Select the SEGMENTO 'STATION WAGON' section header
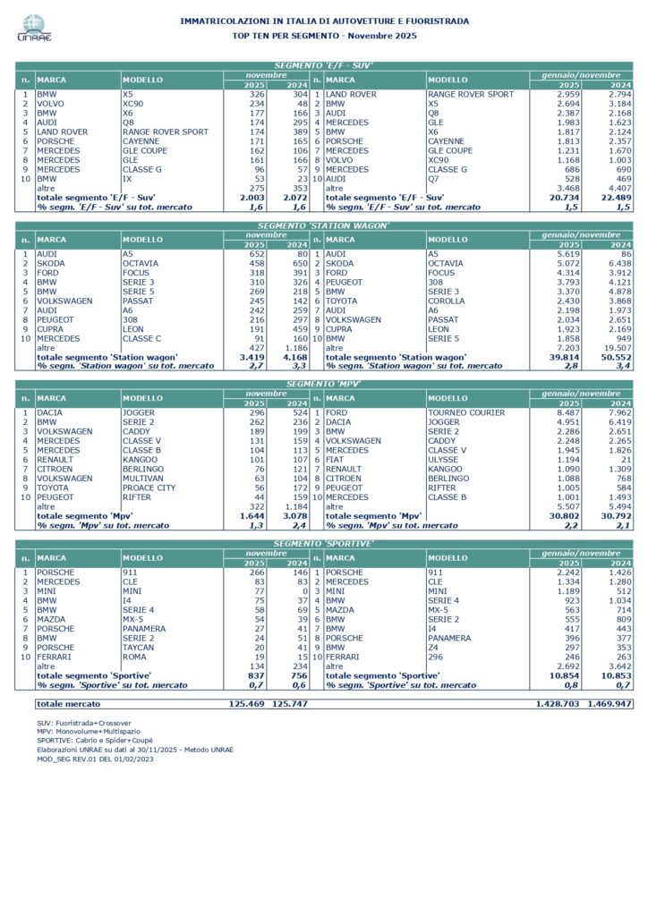pyautogui.click(x=323, y=225)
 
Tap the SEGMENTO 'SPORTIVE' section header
pyautogui.click(x=323, y=543)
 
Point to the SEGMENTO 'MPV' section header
pyautogui.click(x=323, y=384)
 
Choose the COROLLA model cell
pyautogui.click(x=448, y=300)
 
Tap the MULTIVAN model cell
pyautogui.click(x=143, y=479)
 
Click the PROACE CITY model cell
pyautogui.click(x=149, y=488)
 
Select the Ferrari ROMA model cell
pyautogui.click(x=135, y=657)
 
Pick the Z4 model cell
pyautogui.click(x=433, y=647)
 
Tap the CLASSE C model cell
pyautogui.click(x=144, y=338)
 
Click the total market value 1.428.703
pyautogui.click(x=556, y=704)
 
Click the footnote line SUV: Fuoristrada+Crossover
pyautogui.click(x=84, y=721)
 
